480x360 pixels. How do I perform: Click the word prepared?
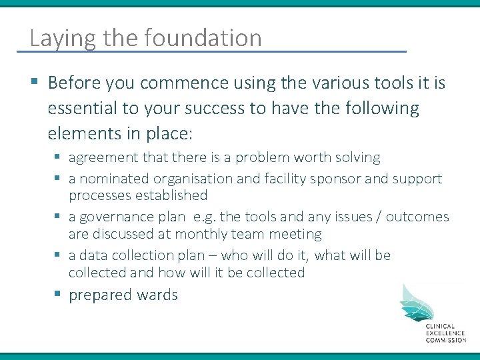[x=100, y=295]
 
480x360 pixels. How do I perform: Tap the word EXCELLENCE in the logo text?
[x=446, y=333]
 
